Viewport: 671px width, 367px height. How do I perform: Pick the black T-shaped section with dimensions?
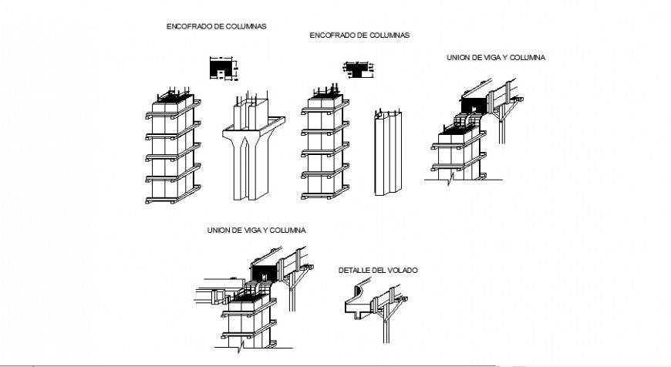[356, 69]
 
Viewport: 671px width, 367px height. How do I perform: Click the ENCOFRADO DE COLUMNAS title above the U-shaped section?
[216, 25]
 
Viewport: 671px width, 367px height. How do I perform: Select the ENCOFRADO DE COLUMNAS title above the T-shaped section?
[359, 35]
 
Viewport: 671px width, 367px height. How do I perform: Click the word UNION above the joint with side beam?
[219, 231]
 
